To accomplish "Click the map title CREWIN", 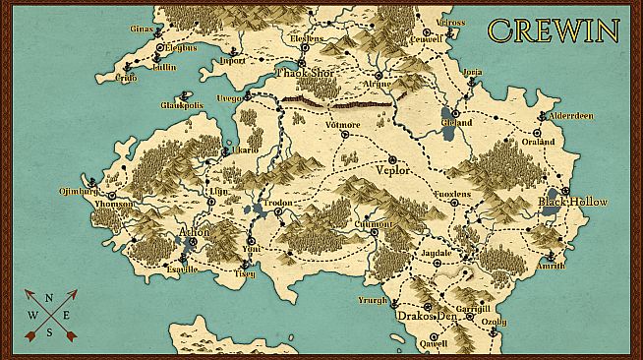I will tap(554, 30).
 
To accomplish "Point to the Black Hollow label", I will tap(572, 202).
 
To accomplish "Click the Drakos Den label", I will tap(429, 316).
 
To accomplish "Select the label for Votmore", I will tap(342, 125).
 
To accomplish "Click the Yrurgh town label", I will tap(374, 300).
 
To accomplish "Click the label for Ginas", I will tap(143, 30).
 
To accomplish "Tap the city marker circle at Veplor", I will tap(392, 158).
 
